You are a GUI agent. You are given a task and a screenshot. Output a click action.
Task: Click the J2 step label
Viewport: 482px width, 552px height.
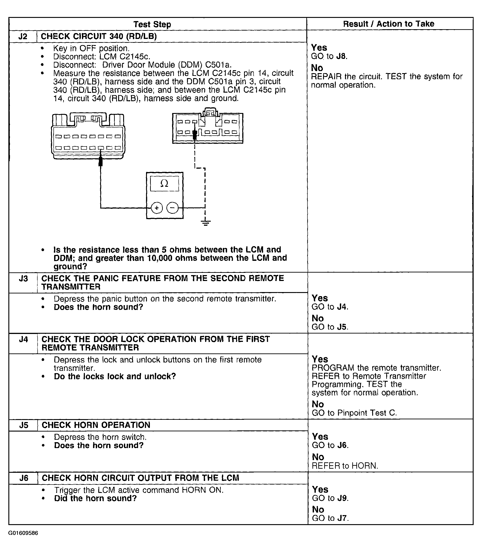[23, 36]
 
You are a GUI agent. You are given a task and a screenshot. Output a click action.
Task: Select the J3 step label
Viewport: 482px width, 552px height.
[23, 279]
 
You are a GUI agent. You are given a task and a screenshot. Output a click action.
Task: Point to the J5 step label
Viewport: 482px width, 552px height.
[24, 425]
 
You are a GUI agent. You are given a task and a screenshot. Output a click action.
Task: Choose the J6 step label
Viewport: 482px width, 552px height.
[24, 478]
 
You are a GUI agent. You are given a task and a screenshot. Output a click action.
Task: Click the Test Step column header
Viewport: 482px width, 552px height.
[152, 24]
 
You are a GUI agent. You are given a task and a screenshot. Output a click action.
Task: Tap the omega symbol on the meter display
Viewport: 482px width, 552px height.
[164, 184]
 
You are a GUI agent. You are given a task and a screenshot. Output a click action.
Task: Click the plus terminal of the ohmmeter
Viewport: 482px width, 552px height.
[157, 208]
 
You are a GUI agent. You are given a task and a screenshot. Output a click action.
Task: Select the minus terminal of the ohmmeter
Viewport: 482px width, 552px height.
[173, 208]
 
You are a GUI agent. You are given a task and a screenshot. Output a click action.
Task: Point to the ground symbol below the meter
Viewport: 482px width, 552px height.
[206, 223]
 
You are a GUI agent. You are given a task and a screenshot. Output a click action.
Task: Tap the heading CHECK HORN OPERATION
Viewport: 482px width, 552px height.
[96, 425]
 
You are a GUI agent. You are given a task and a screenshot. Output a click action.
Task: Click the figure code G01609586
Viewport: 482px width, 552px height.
[23, 533]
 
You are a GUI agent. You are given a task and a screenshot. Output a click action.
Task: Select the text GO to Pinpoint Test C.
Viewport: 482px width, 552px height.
[354, 413]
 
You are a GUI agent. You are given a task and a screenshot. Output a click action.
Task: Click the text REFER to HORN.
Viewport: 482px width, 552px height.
[345, 466]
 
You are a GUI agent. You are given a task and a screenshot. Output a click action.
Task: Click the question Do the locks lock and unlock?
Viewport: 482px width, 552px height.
[115, 376]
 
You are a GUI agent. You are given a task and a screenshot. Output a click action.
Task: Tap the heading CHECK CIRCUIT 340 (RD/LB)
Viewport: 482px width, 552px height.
[98, 36]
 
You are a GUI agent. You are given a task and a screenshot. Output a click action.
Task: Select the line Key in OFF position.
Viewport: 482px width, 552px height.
[91, 48]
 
